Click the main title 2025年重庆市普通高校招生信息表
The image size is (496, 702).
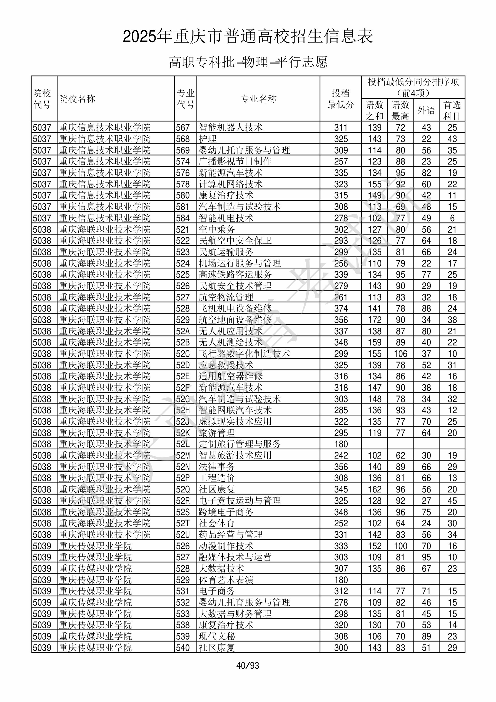coord(248,37)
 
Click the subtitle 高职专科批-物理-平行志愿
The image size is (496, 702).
coord(248,62)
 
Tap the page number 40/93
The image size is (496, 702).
coord(248,665)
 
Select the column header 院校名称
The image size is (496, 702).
coord(77,99)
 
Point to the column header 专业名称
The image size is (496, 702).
coord(258,99)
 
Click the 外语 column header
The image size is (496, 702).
coord(426,110)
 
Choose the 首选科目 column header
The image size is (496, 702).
coord(452,110)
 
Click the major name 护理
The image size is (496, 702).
coord(208,139)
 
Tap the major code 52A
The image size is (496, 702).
coord(183,331)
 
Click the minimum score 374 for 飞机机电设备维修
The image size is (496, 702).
coord(341,308)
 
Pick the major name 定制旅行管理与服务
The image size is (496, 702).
coord(240,444)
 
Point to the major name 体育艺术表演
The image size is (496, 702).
coord(226,580)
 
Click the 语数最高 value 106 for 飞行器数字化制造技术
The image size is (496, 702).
coord(400,354)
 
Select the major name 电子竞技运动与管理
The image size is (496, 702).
coord(240,501)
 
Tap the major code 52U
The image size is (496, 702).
coord(183,534)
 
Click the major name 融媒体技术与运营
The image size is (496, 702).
coord(235,557)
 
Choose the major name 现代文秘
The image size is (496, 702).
coord(217,636)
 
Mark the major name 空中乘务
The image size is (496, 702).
coord(217,229)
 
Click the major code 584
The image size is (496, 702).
coord(183,218)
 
